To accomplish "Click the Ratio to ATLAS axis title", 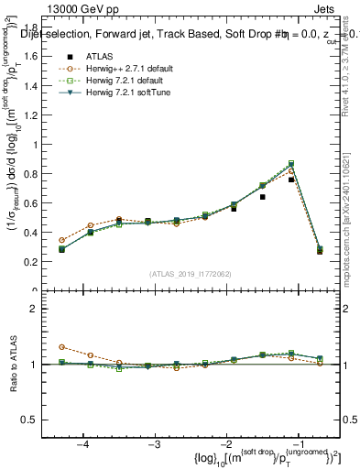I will tap(16, 364).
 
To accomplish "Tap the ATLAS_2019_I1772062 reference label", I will tap(191, 274).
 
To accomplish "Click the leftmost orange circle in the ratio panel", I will tap(61, 347).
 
